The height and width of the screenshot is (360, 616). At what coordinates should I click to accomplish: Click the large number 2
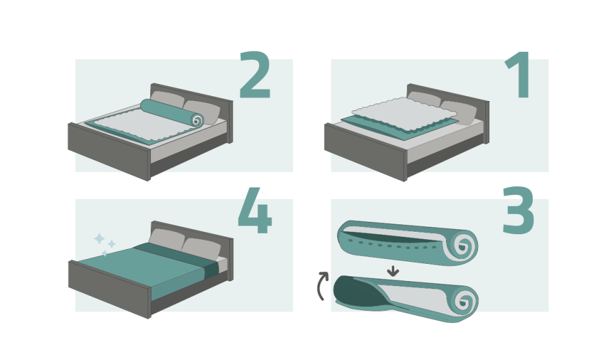click(255, 75)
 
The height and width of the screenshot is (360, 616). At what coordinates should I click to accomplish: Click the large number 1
click(519, 75)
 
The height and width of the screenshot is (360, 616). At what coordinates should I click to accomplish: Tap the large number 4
click(255, 210)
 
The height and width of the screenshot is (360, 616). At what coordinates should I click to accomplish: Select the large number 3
click(518, 210)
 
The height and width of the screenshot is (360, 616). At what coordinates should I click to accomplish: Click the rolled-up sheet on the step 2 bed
click(172, 112)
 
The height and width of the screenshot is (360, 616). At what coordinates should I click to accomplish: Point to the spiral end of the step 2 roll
click(197, 120)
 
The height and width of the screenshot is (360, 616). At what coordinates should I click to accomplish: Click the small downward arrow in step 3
click(393, 271)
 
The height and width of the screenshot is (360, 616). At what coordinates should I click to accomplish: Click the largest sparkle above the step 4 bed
click(99, 239)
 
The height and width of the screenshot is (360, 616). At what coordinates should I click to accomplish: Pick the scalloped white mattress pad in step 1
click(405, 113)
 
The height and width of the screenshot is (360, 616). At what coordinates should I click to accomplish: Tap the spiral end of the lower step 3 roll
click(464, 301)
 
